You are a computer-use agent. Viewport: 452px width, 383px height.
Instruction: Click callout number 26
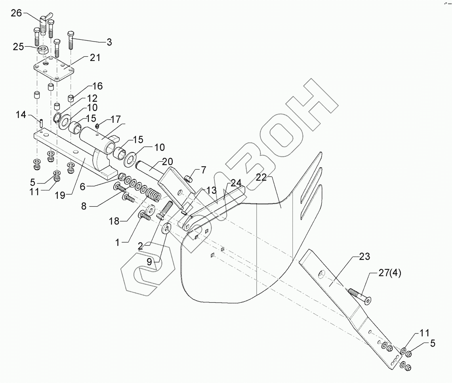coord(16,13)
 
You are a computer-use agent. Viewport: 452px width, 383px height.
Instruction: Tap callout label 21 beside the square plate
coord(95,57)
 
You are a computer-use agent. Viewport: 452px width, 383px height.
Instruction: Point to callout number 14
coord(21,115)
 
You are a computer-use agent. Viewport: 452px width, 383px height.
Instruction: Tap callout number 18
coord(114,221)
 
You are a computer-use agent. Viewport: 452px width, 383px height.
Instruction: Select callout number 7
coord(203,170)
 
